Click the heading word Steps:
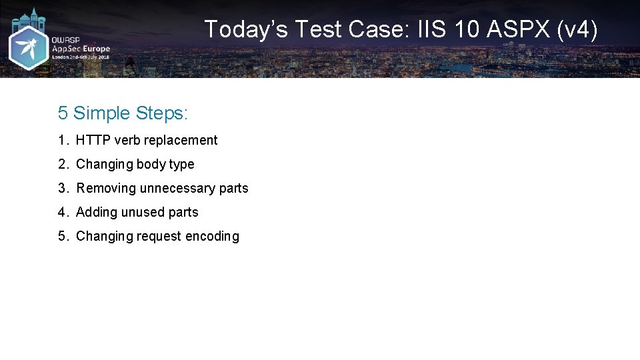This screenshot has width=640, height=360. tap(162, 113)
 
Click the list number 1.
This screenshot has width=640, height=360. tap(62, 140)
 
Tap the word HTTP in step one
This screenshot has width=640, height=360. tap(93, 140)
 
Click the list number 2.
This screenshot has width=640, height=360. tap(62, 164)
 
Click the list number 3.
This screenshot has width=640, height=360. tap(62, 188)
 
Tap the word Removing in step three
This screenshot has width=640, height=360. tap(106, 188)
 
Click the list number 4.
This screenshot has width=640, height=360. tap(62, 212)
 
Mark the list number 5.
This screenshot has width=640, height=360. tap(62, 236)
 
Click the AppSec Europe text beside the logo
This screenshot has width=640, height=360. tap(81, 49)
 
